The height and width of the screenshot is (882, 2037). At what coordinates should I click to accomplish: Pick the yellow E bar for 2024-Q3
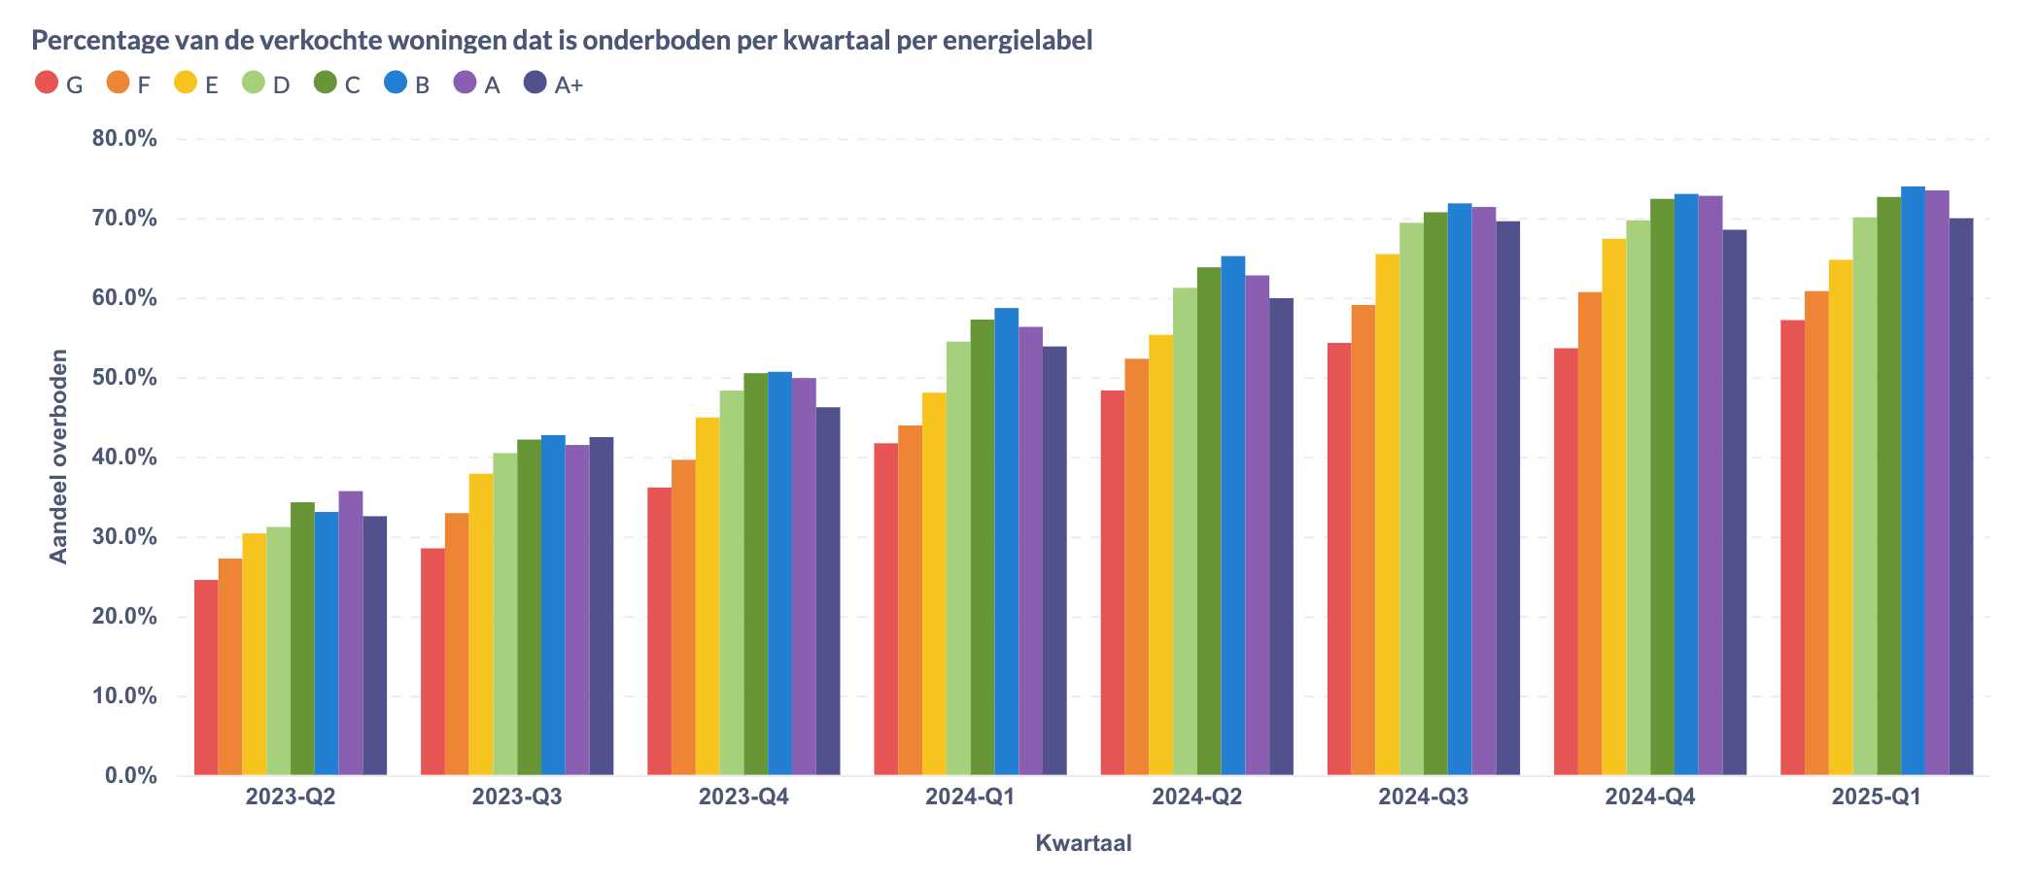(x=1387, y=515)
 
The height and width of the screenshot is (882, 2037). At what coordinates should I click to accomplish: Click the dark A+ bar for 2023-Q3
(x=602, y=606)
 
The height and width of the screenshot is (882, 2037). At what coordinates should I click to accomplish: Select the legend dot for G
(x=46, y=83)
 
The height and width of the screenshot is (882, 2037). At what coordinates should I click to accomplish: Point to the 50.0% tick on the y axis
(x=124, y=378)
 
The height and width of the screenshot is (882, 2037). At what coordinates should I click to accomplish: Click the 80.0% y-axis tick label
(x=124, y=139)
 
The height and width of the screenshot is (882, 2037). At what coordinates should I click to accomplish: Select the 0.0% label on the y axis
(x=131, y=776)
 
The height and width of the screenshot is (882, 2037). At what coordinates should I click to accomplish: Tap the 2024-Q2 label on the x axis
(x=1196, y=797)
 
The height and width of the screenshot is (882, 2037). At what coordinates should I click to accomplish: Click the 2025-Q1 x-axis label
(x=1876, y=797)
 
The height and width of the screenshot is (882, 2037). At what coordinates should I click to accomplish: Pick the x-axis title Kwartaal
(x=1083, y=843)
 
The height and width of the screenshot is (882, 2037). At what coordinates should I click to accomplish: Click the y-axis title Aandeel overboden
(x=59, y=457)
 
